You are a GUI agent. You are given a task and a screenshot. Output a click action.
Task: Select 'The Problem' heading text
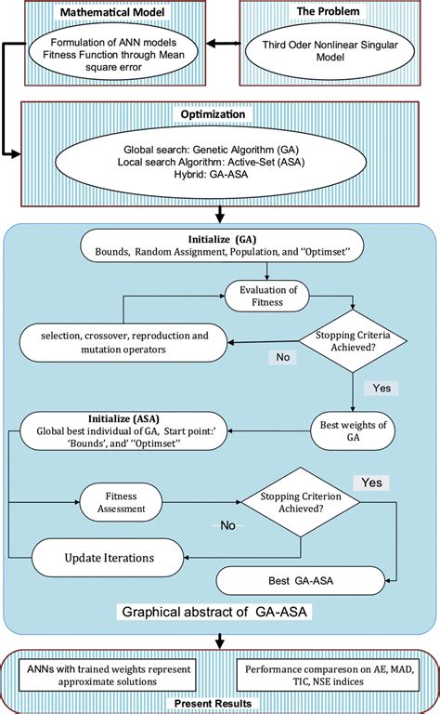click(x=328, y=11)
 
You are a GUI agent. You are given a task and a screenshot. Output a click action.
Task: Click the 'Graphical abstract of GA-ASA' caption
click(x=221, y=613)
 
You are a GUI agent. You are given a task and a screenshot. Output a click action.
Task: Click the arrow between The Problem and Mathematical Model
click(x=225, y=43)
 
